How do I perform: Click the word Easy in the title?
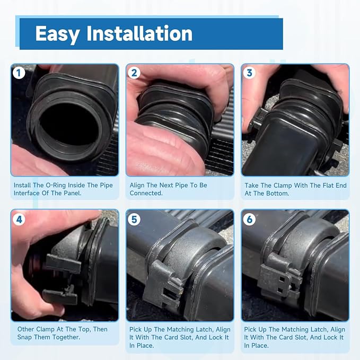click(x=57, y=34)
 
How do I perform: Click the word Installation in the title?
click(x=139, y=33)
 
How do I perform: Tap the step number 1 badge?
click(x=19, y=73)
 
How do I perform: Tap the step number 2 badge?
click(x=134, y=73)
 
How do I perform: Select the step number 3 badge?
click(x=249, y=73)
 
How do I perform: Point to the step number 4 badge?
click(x=19, y=219)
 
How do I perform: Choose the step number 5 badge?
click(x=134, y=219)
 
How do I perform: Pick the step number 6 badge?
click(x=249, y=219)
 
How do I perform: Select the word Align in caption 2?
click(x=137, y=185)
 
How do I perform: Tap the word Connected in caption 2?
click(x=146, y=193)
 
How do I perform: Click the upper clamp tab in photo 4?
click(x=64, y=264)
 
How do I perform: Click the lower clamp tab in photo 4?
click(x=60, y=296)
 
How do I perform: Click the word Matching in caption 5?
click(x=181, y=330)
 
